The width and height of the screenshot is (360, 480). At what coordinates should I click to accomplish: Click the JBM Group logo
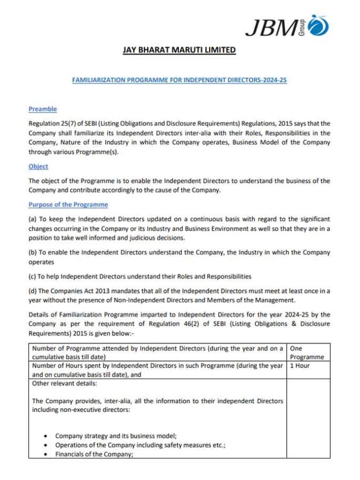[x=287, y=25]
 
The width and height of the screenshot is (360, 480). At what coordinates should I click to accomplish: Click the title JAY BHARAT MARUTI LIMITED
[x=179, y=50]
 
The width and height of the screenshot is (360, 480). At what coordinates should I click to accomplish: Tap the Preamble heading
[x=43, y=109]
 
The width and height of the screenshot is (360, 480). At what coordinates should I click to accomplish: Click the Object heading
[x=38, y=166]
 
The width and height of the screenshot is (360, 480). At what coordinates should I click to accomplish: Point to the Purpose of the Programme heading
[x=68, y=204]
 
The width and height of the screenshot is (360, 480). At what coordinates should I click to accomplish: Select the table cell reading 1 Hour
[x=300, y=366]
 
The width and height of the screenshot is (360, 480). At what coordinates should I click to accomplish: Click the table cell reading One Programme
[x=307, y=353]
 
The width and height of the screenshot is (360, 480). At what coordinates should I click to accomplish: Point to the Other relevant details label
[x=65, y=383]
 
